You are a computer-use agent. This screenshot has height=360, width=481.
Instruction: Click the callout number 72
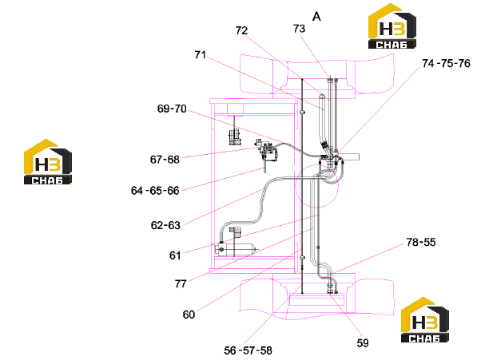pyautogui.click(x=241, y=30)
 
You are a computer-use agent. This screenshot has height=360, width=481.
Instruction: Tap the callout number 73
pyautogui.click(x=299, y=29)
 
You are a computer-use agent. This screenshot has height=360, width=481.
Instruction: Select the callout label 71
pyautogui.click(x=201, y=55)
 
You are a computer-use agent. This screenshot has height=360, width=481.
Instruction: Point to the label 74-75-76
pyautogui.click(x=446, y=63)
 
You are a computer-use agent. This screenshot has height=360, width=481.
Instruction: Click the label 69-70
pyautogui.click(x=172, y=109)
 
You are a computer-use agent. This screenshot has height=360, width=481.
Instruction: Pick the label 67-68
pyautogui.click(x=165, y=160)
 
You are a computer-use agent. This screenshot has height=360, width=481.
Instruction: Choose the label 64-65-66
pyautogui.click(x=155, y=191)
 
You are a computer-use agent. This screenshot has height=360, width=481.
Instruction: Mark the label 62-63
pyautogui.click(x=165, y=225)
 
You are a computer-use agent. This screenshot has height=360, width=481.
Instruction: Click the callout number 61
pyautogui.click(x=175, y=255)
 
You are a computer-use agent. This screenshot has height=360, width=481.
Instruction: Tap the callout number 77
pyautogui.click(x=181, y=283)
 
